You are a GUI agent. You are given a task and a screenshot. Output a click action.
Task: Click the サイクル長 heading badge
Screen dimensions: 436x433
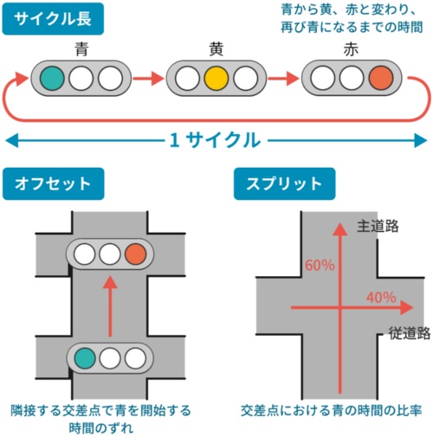(x=53, y=17)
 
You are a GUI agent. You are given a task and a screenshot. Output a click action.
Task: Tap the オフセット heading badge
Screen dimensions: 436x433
(x=53, y=183)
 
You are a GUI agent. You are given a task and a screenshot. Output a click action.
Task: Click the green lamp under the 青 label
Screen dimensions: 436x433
(x=53, y=79)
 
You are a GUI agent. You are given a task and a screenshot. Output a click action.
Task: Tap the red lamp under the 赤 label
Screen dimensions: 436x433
(x=379, y=79)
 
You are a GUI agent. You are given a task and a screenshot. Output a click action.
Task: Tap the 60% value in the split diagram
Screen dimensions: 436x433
(x=319, y=264)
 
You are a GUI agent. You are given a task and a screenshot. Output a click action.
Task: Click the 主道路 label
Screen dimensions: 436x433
(x=378, y=226)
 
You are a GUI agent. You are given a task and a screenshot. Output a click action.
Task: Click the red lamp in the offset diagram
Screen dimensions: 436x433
(x=135, y=254)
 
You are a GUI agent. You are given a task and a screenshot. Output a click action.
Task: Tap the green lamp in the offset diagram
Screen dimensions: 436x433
(x=84, y=356)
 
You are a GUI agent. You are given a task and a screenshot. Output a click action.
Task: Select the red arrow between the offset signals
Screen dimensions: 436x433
(x=110, y=307)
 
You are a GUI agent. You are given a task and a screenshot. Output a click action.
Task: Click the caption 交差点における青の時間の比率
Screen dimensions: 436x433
(x=332, y=409)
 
